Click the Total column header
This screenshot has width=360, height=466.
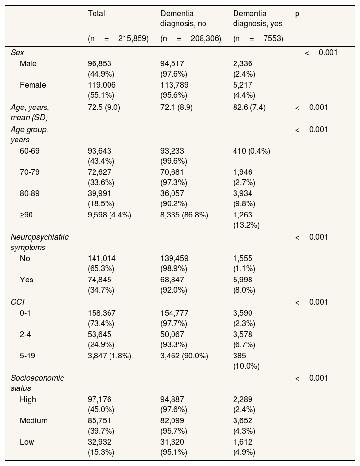(96, 14)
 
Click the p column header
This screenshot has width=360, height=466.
(297, 14)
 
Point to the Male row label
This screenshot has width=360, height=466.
(28, 63)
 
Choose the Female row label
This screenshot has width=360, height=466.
(33, 85)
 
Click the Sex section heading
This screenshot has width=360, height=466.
(17, 52)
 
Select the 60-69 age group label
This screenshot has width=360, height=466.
(30, 151)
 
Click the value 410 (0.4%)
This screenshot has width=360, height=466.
(251, 151)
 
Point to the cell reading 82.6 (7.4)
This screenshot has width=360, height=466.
(249, 107)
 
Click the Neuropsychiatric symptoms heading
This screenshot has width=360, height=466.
(40, 242)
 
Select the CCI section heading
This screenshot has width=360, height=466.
(17, 302)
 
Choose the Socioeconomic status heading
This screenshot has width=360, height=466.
(37, 383)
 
